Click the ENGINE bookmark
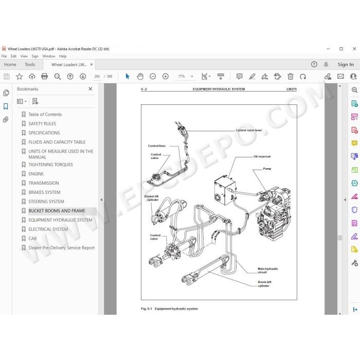tap(36, 174)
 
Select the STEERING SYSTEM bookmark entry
tap(46, 202)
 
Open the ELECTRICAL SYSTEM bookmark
tap(48, 229)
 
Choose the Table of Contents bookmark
tap(45, 114)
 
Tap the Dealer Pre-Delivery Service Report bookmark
tap(62, 248)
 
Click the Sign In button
tap(346, 64)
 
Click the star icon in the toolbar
tap(20, 77)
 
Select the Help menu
tap(63, 56)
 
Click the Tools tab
tap(30, 64)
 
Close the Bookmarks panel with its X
tap(91, 89)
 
